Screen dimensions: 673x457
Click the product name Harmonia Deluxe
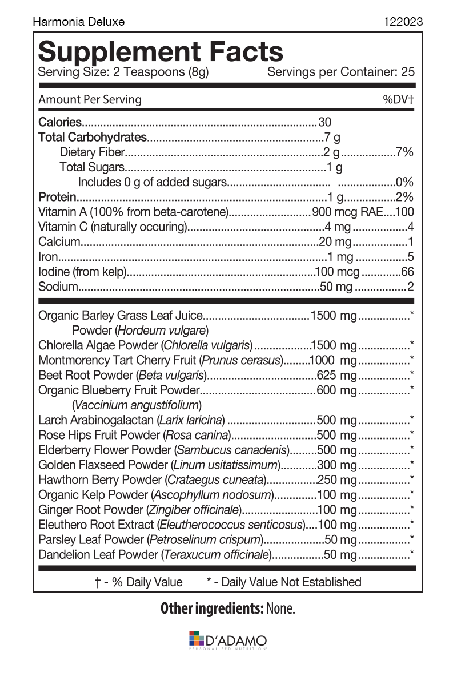tap(78, 22)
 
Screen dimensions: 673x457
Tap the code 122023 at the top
tap(404, 22)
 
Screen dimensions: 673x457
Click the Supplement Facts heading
tap(161, 51)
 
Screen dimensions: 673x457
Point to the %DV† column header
tap(398, 99)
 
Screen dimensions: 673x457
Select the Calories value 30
tap(324, 122)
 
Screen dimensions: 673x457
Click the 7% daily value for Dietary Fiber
tap(404, 152)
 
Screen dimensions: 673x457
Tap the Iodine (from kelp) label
tap(82, 272)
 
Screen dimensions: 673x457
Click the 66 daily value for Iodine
tap(407, 272)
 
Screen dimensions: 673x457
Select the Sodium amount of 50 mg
tap(336, 287)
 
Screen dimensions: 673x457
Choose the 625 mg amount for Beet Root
tap(336, 375)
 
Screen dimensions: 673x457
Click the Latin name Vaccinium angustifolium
tap(137, 405)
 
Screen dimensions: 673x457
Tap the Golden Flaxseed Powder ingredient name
tap(103, 465)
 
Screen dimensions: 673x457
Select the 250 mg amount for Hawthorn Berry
tap(336, 479)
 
